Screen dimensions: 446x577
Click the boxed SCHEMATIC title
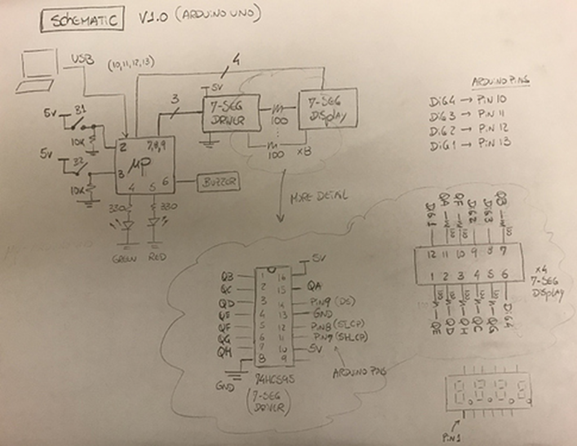[82, 21]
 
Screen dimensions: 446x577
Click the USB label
[82, 59]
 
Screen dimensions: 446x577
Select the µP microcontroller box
[144, 165]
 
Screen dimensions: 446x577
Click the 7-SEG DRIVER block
[231, 113]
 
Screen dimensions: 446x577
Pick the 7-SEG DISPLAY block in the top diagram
[328, 109]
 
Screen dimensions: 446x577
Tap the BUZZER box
[218, 183]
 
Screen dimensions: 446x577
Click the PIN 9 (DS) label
[333, 302]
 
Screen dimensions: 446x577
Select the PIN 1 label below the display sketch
[451, 436]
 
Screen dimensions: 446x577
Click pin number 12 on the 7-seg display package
[431, 254]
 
